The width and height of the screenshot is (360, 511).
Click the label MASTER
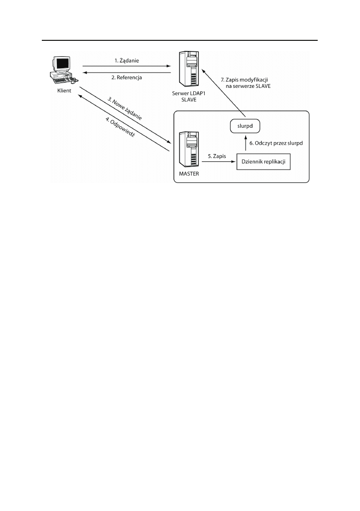pyautogui.click(x=188, y=174)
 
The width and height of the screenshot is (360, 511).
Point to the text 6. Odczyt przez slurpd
pyautogui.click(x=276, y=143)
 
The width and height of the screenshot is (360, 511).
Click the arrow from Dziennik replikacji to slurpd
pyautogui.click(x=245, y=145)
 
